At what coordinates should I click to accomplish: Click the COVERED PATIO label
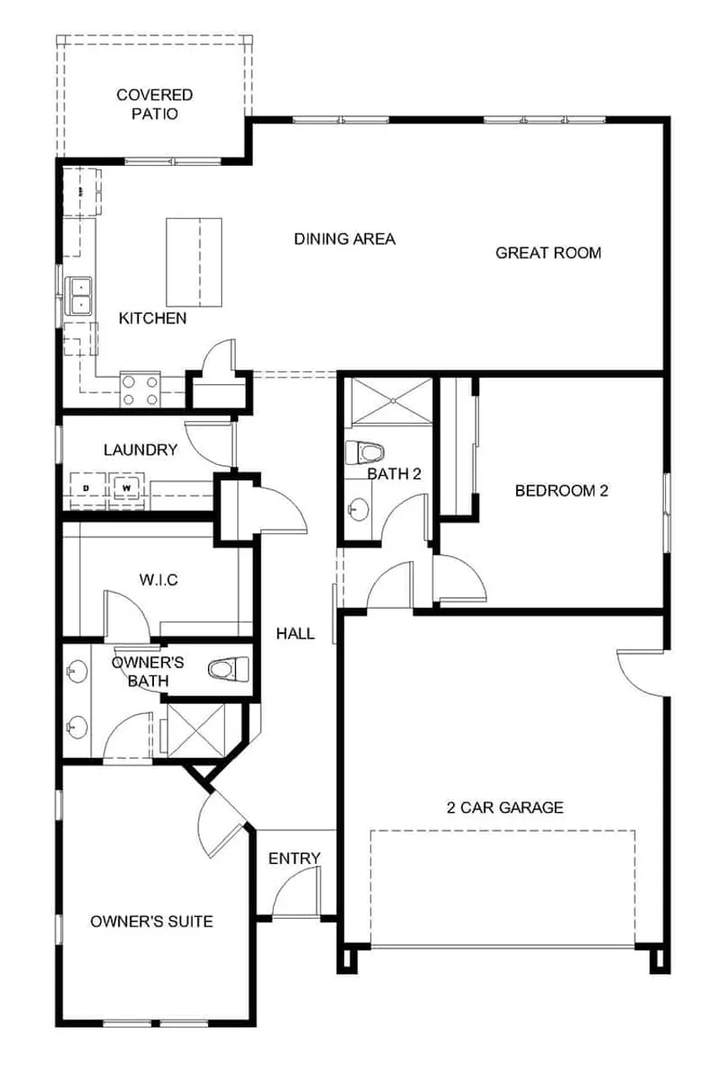pyautogui.click(x=154, y=104)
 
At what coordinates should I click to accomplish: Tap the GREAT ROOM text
pyautogui.click(x=548, y=253)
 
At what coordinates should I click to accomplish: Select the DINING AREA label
pyautogui.click(x=344, y=239)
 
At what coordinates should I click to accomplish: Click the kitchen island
pyautogui.click(x=194, y=262)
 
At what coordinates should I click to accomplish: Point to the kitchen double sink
pyautogui.click(x=81, y=295)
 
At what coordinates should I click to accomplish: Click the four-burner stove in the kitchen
pyautogui.click(x=141, y=389)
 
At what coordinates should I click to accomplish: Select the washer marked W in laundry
pyautogui.click(x=126, y=487)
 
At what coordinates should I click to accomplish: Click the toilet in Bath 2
pyautogui.click(x=364, y=452)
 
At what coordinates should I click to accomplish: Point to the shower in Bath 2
pyautogui.click(x=390, y=401)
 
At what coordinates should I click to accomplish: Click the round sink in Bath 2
pyautogui.click(x=359, y=508)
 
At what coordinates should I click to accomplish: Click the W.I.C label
pyautogui.click(x=158, y=579)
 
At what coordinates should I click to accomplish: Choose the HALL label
pyautogui.click(x=295, y=633)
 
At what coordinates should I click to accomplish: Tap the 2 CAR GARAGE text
pyautogui.click(x=504, y=808)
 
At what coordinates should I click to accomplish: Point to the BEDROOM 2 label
pyautogui.click(x=562, y=491)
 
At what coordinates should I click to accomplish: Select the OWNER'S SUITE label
pyautogui.click(x=152, y=921)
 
